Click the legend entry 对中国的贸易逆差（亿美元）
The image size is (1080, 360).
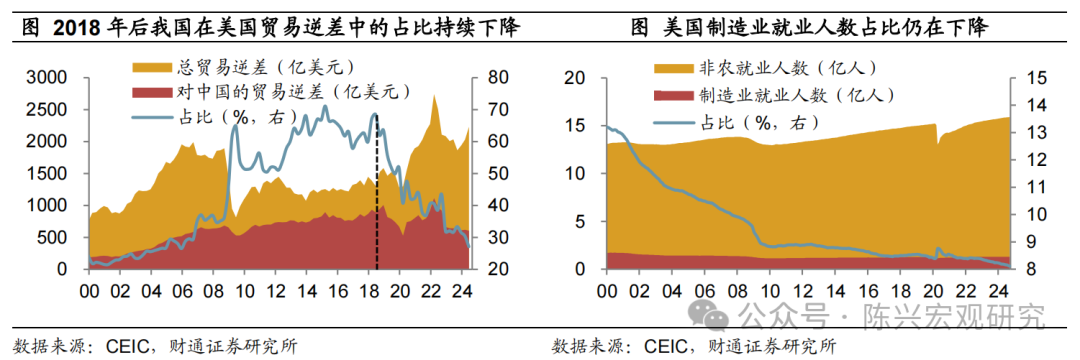pos(279,92)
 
